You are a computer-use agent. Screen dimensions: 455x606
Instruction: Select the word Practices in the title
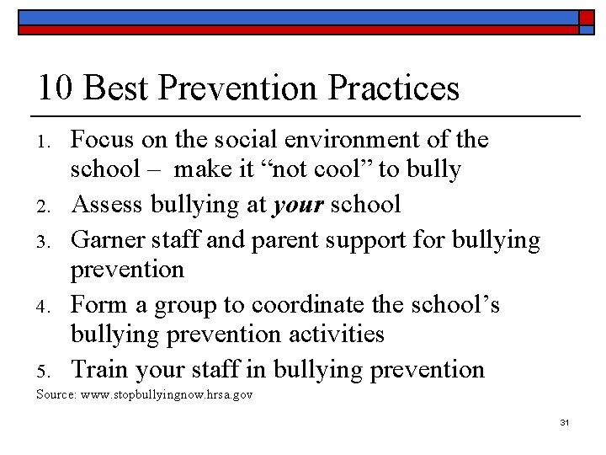click(x=389, y=88)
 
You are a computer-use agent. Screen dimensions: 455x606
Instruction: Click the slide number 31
click(x=563, y=421)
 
